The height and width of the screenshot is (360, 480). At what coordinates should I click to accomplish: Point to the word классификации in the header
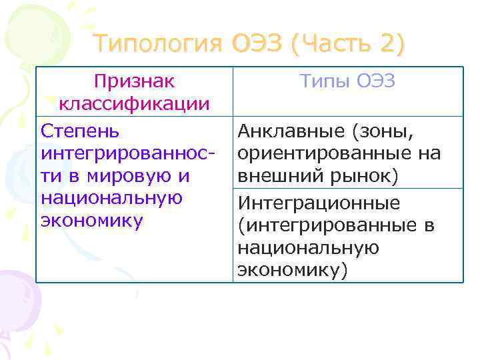(134, 104)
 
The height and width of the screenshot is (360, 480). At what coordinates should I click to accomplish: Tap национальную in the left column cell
(111, 199)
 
